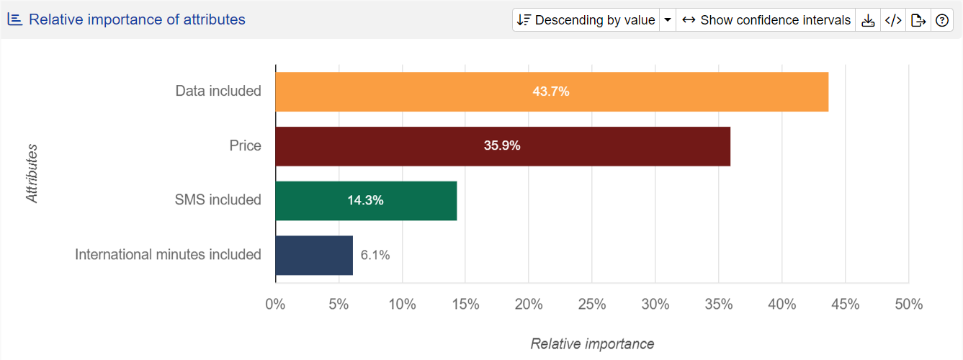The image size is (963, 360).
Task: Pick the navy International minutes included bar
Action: pyautogui.click(x=314, y=255)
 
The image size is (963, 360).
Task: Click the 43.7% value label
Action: pyautogui.click(x=551, y=91)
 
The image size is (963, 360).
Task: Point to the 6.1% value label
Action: pyautogui.click(x=375, y=255)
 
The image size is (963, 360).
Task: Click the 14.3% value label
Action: pyautogui.click(x=365, y=200)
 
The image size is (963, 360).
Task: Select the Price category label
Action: pyautogui.click(x=245, y=146)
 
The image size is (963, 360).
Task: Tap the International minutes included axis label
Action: pyautogui.click(x=168, y=255)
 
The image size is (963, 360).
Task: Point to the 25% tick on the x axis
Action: pyautogui.click(x=591, y=305)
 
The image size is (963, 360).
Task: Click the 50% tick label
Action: pyautogui.click(x=908, y=305)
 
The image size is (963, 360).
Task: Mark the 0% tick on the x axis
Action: pyautogui.click(x=275, y=305)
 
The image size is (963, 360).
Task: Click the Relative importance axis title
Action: pyautogui.click(x=592, y=344)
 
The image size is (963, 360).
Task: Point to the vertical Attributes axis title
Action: pyautogui.click(x=32, y=174)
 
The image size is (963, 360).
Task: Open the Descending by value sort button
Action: pyautogui.click(x=586, y=20)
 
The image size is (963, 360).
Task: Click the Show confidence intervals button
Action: pyautogui.click(x=766, y=20)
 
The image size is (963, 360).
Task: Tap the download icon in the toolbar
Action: pyautogui.click(x=868, y=20)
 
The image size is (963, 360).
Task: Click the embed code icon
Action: pyautogui.click(x=893, y=20)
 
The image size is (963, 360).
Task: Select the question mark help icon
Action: pyautogui.click(x=941, y=20)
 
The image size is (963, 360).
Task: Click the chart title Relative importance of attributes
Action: pyautogui.click(x=137, y=19)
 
